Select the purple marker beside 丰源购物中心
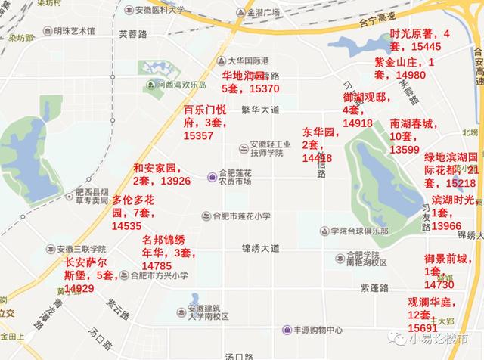tap(287, 330)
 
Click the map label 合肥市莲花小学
tap(241, 216)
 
